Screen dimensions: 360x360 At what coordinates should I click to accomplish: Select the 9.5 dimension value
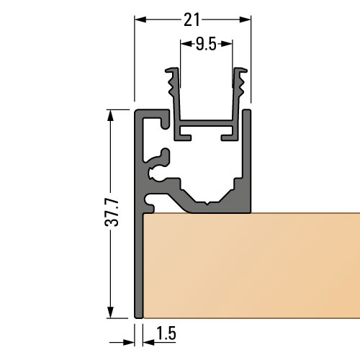click(x=205, y=44)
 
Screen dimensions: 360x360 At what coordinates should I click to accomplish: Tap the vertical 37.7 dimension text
click(x=110, y=213)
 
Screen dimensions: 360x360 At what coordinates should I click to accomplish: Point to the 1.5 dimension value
click(x=165, y=334)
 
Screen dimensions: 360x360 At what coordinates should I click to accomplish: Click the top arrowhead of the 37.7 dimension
click(x=110, y=114)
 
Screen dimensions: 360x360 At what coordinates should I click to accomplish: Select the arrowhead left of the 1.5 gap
click(x=130, y=334)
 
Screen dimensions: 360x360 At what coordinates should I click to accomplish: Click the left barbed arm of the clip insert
click(x=173, y=90)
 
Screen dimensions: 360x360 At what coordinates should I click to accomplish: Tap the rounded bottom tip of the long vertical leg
click(x=139, y=315)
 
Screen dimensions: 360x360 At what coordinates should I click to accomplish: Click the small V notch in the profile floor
click(x=209, y=202)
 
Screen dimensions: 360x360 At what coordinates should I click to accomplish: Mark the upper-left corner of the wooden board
click(x=145, y=215)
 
